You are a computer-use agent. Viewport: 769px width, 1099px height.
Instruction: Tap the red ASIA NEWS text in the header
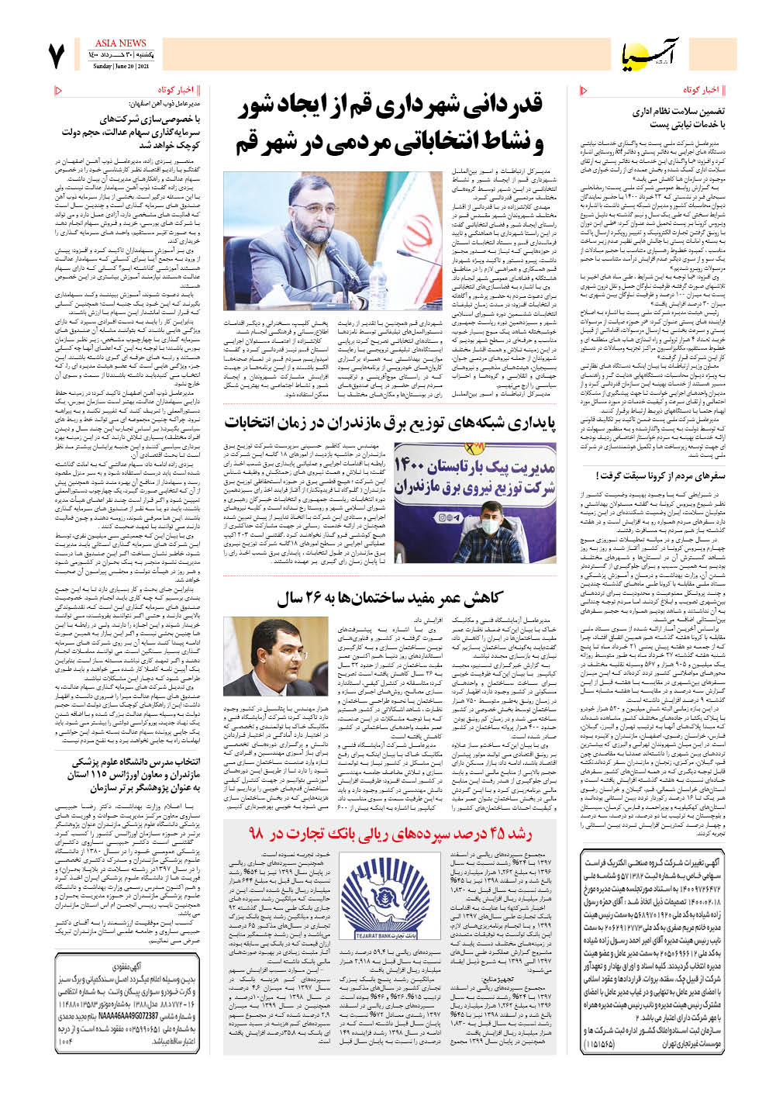point(120,43)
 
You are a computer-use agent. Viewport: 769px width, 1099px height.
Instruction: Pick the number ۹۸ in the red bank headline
point(257,835)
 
